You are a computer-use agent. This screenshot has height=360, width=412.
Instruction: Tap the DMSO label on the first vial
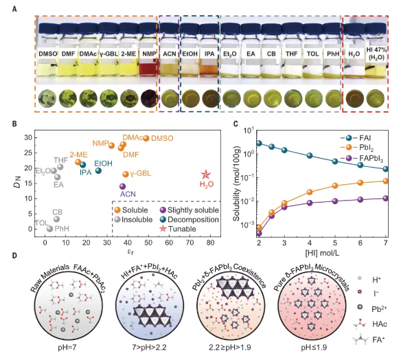pos(49,51)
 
